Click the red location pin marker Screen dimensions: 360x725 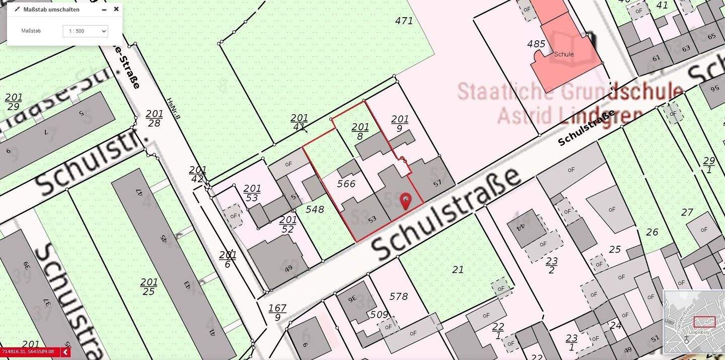click(x=405, y=200)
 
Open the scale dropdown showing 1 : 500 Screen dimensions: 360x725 click(x=85, y=31)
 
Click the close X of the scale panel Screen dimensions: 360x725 click(x=116, y=9)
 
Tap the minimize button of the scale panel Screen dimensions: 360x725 click(x=104, y=10)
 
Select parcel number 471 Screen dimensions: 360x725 click(x=404, y=21)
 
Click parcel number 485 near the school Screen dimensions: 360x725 click(x=536, y=44)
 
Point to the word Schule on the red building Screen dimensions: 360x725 click(x=563, y=54)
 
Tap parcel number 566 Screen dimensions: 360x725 click(x=346, y=184)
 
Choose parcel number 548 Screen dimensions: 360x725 click(x=315, y=209)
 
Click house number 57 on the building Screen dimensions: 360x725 click(x=437, y=183)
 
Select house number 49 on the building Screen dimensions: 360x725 click(x=288, y=269)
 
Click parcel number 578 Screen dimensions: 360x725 click(x=398, y=296)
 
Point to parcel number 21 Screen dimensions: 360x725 click(x=458, y=270)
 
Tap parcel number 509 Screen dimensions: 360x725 click(x=379, y=315)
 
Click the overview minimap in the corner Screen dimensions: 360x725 click(x=694, y=322)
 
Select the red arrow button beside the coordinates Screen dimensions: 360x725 click(x=65, y=352)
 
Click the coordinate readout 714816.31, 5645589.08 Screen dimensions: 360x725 click(x=28, y=351)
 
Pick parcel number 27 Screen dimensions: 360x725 click(x=687, y=212)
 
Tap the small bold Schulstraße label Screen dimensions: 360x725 click(x=587, y=128)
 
